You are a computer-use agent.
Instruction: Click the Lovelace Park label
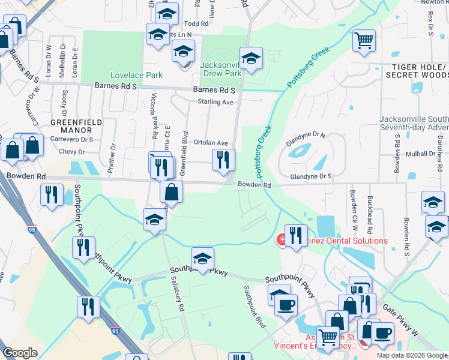pyautogui.click(x=128, y=76)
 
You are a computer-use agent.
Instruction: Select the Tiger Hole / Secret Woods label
pyautogui.click(x=418, y=70)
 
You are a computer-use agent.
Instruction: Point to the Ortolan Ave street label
pyautogui.click(x=211, y=143)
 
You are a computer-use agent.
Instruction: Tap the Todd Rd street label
pyautogui.click(x=196, y=24)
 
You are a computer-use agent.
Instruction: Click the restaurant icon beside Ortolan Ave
pyautogui.click(x=223, y=160)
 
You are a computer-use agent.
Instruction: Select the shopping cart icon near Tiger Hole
pyautogui.click(x=364, y=41)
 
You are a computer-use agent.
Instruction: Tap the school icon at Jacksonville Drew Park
pyautogui.click(x=251, y=59)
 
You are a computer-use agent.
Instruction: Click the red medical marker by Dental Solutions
pyautogui.click(x=280, y=241)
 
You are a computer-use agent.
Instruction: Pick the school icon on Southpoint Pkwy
pyautogui.click(x=203, y=259)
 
